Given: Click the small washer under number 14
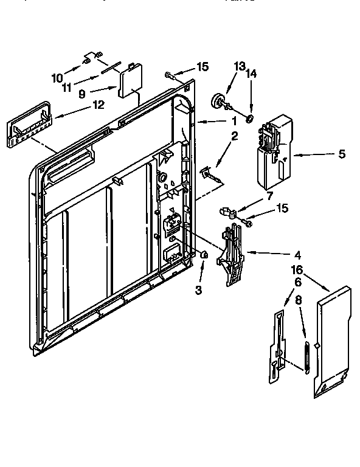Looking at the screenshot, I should pos(249,116).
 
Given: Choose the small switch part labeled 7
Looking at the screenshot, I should pos(227,212).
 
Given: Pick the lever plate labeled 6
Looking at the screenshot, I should pos(276,347).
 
